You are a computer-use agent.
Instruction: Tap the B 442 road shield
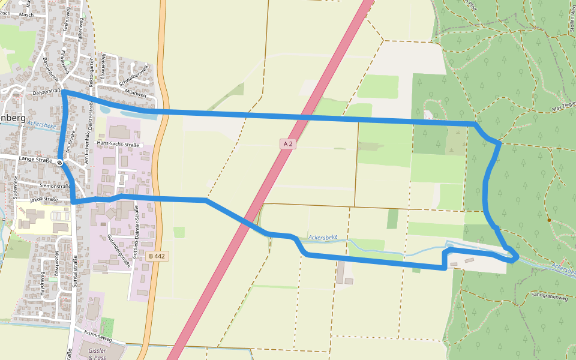[x=156, y=256]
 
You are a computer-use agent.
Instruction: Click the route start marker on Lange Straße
[x=60, y=162]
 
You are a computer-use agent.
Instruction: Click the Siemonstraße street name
[x=55, y=187]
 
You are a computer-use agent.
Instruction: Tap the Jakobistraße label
[x=44, y=199]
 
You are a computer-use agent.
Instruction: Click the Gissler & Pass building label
[x=96, y=353]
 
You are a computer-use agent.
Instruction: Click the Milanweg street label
[x=135, y=93]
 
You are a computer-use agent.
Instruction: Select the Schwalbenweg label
[x=133, y=77]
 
